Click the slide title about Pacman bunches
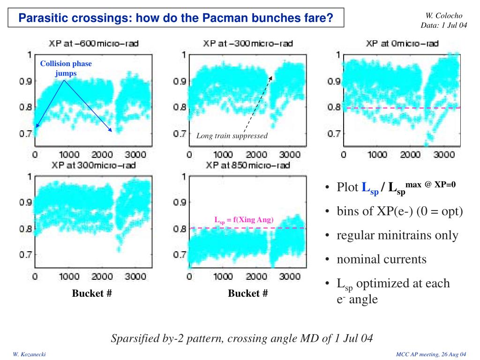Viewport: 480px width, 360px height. coord(176,18)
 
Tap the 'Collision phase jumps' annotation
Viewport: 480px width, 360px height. coord(66,68)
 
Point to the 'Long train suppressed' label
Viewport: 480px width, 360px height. coord(232,136)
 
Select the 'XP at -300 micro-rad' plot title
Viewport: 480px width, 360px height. coord(248,44)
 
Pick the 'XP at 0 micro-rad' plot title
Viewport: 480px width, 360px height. coord(402,44)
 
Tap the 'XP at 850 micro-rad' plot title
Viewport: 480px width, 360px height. coord(248,165)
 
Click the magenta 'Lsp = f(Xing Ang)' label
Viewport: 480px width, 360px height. coord(244,220)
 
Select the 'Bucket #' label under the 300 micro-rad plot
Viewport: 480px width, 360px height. coord(92,294)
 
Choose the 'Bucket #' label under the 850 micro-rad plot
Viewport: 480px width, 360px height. coord(248,294)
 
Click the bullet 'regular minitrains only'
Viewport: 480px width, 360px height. coord(397,235)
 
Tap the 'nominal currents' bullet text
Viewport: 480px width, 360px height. coord(382,259)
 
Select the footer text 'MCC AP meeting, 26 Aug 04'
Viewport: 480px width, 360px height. coord(431,352)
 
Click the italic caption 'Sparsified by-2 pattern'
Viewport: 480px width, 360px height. coord(241,338)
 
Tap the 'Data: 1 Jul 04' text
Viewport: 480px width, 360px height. coord(444,25)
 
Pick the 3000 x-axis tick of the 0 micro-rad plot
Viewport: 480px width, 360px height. coord(441,155)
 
